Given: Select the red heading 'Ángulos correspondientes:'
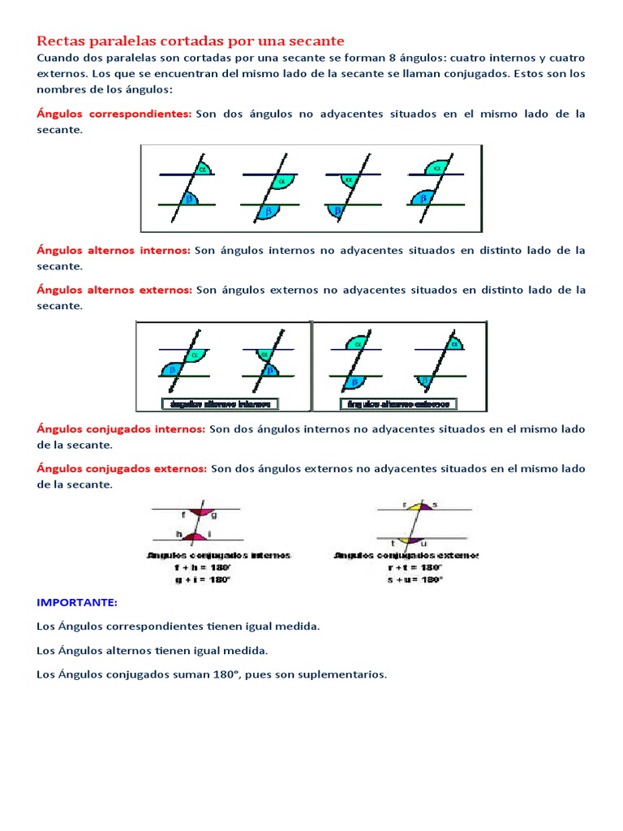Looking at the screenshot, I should click(114, 114).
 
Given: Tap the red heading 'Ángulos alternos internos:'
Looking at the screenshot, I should click(113, 251).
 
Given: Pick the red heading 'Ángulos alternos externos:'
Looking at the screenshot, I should click(114, 291).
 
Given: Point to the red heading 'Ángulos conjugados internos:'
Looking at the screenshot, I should click(121, 429).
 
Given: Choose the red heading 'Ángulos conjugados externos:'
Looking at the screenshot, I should click(122, 469).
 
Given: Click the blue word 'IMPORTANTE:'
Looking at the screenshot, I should click(77, 603).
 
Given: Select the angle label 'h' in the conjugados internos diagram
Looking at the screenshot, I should click(179, 533).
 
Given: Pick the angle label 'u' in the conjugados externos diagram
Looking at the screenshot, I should click(424, 542).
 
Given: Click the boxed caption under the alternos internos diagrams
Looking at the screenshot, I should click(220, 403).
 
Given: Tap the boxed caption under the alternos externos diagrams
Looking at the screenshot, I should click(397, 403).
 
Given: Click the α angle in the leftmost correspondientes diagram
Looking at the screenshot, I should click(204, 169).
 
